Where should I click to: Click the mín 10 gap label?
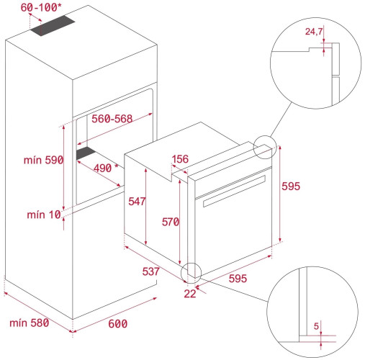[x=44, y=214]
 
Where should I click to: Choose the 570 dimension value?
[x=169, y=222]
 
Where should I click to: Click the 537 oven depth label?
[x=150, y=273]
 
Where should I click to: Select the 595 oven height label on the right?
[x=292, y=186]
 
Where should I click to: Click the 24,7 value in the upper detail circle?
[x=313, y=32]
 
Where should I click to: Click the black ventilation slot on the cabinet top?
[x=55, y=27]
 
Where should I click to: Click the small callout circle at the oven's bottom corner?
[x=191, y=272]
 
